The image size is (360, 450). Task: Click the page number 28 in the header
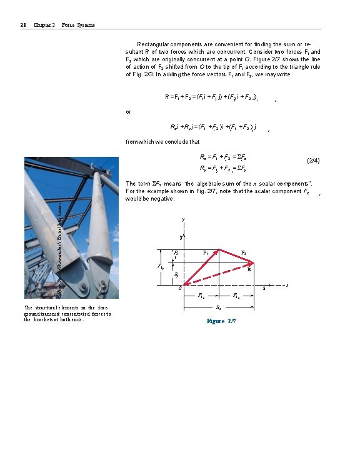click(22, 24)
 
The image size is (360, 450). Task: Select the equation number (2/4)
click(313, 161)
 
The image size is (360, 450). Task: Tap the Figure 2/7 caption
click(221, 321)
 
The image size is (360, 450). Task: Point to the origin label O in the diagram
click(179, 288)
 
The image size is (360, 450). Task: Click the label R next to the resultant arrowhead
click(249, 271)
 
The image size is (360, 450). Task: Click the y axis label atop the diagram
click(183, 219)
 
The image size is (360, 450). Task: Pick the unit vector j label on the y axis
click(181, 237)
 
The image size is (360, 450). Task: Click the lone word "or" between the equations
click(129, 112)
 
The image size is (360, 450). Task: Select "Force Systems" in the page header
click(79, 24)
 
